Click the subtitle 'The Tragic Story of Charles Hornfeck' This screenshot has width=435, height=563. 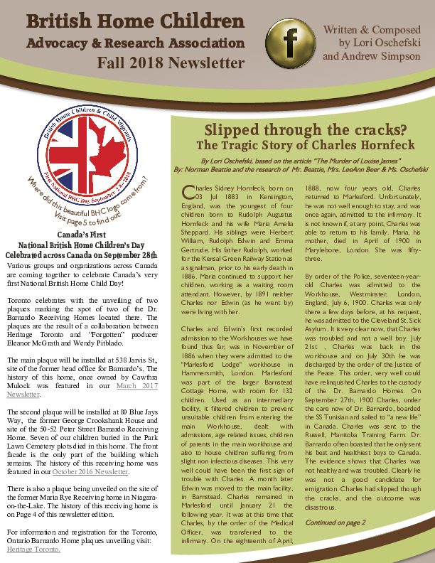point(295,145)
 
